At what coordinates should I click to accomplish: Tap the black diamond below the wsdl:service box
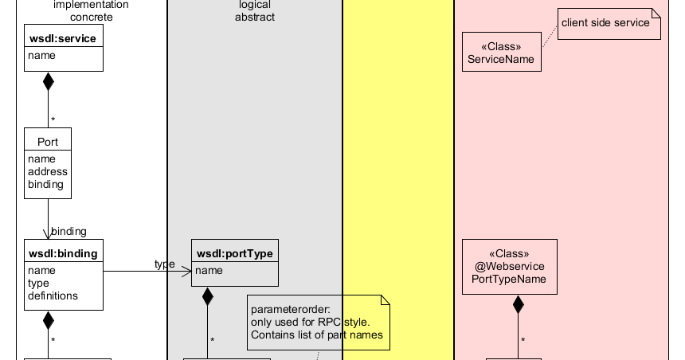click(48, 80)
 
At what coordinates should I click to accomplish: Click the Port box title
click(48, 142)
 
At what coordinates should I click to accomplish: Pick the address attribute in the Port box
click(48, 171)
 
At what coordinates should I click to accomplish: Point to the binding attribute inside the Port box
click(45, 184)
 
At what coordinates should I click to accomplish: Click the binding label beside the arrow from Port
click(69, 231)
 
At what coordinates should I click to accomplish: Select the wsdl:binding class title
click(63, 254)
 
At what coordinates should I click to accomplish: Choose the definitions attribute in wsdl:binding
click(53, 295)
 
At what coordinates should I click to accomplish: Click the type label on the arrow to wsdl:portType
click(164, 264)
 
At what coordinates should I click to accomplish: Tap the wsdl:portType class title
click(234, 253)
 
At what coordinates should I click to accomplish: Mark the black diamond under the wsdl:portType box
click(208, 296)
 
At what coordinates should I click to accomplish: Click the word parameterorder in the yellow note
click(284, 309)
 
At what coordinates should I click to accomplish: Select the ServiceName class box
click(501, 52)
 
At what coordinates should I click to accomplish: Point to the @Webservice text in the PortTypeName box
click(510, 267)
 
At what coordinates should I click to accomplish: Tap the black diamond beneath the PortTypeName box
click(519, 304)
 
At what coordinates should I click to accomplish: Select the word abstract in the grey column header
click(255, 17)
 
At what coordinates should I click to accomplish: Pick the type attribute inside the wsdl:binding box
click(38, 283)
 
